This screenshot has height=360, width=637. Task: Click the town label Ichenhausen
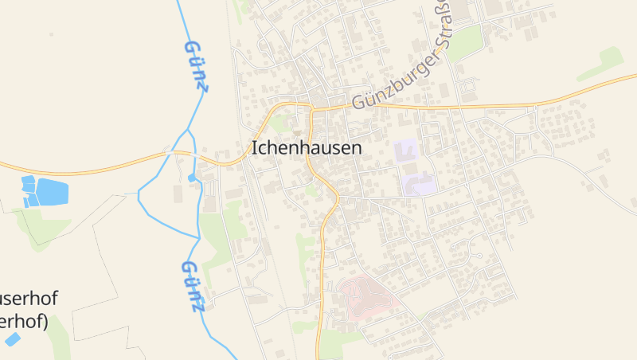(x=307, y=147)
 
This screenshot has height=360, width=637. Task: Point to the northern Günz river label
(x=196, y=66)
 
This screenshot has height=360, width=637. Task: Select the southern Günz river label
(x=193, y=284)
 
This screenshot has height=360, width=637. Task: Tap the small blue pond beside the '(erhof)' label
(x=13, y=339)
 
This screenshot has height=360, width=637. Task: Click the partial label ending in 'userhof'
(x=29, y=300)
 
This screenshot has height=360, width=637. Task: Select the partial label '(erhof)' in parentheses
(x=24, y=322)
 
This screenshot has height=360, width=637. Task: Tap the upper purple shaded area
(x=406, y=150)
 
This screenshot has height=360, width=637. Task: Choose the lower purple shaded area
(x=419, y=185)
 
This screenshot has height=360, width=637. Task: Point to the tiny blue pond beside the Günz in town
(x=192, y=178)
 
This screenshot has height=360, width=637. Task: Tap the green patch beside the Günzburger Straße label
(x=466, y=41)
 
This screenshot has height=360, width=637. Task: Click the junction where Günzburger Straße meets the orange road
(x=312, y=107)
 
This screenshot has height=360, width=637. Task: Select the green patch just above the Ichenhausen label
(x=279, y=123)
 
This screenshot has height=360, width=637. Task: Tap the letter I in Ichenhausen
(x=254, y=147)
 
